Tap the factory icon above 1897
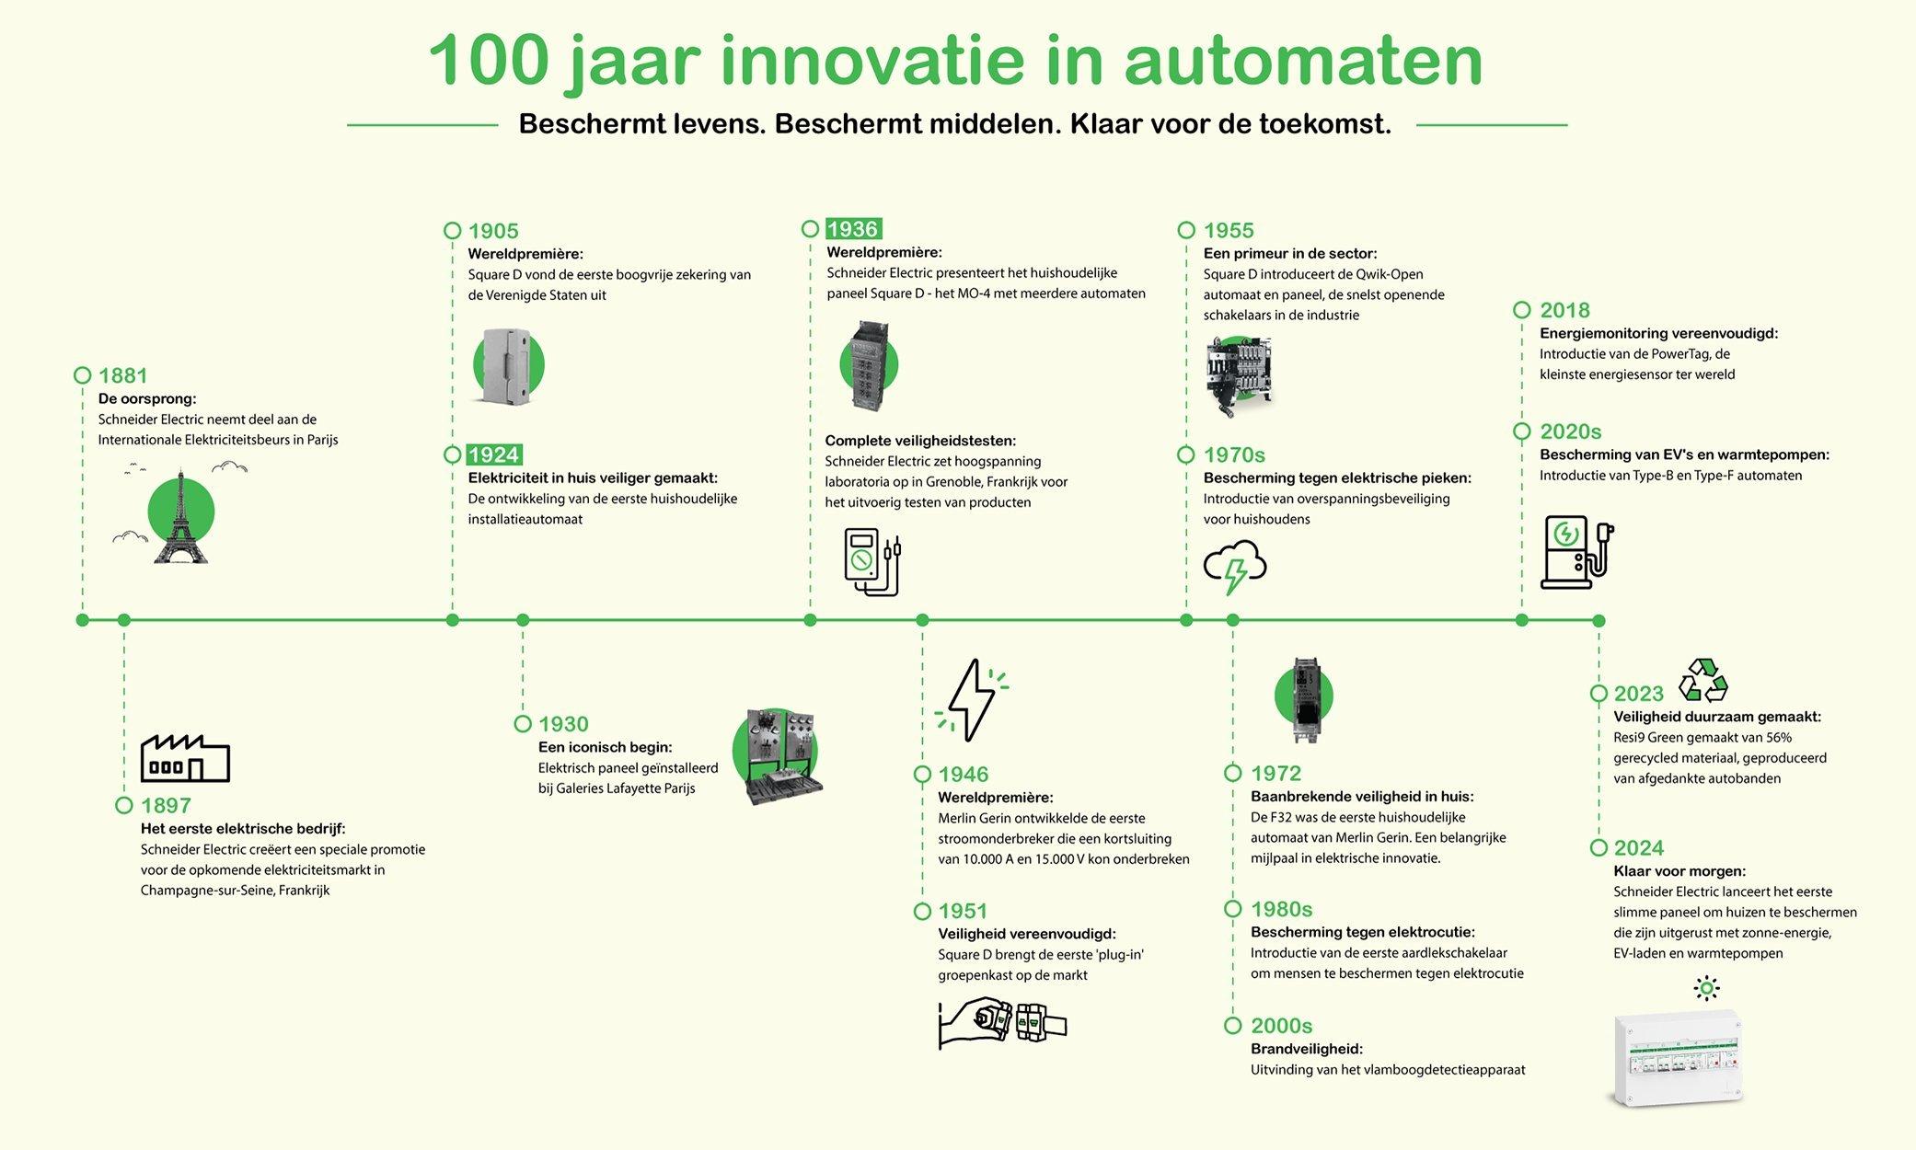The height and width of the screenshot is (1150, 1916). (x=185, y=758)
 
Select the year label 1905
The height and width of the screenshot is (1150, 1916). (x=493, y=231)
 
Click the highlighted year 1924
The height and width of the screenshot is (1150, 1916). (x=493, y=455)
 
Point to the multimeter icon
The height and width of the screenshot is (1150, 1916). (x=871, y=561)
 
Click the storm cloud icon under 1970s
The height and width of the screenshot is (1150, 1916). (x=1235, y=566)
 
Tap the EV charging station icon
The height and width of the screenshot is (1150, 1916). (x=1576, y=552)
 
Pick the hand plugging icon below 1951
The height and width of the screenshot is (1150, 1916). (x=1001, y=1022)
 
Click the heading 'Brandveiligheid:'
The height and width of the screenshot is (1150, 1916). (x=1306, y=1049)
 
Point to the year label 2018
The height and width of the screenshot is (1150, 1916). (x=1564, y=311)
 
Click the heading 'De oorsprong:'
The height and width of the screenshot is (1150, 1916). (x=147, y=398)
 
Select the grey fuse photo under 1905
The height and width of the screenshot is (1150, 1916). (x=507, y=366)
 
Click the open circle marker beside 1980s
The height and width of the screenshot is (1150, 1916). (x=1233, y=909)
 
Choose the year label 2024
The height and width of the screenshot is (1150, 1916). (x=1638, y=848)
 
